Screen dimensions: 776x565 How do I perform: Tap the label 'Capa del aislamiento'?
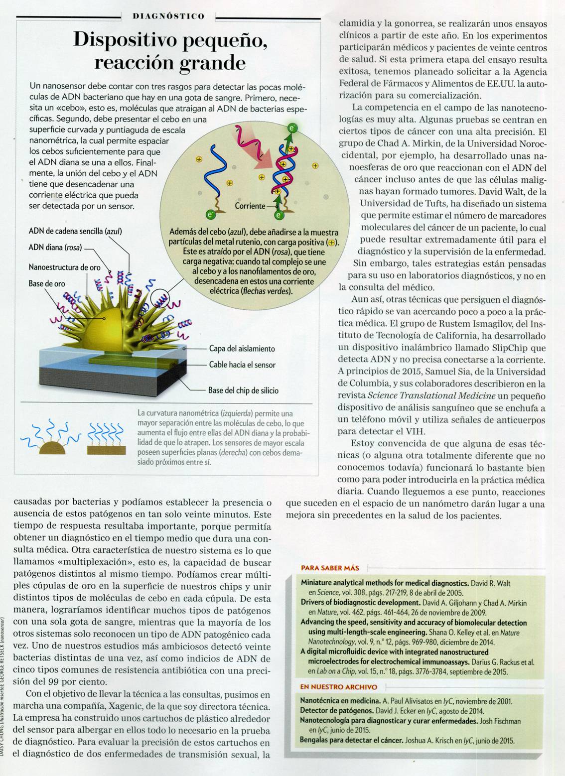pyautogui.click(x=242, y=349)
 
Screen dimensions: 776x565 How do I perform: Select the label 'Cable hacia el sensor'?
pyautogui.click(x=242, y=365)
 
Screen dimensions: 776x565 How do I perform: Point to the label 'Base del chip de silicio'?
pyautogui.click(x=243, y=390)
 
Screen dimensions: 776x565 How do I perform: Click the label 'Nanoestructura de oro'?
pyautogui.click(x=65, y=267)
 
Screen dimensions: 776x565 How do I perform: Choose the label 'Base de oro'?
pyautogui.click(x=47, y=284)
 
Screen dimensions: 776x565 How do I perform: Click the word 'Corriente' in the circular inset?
pyautogui.click(x=250, y=205)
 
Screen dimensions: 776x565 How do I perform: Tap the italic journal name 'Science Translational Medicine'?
pyautogui.click(x=431, y=395)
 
